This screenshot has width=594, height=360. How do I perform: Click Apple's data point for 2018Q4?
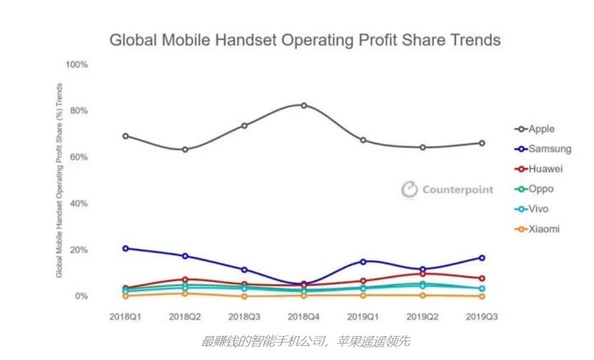[304, 105]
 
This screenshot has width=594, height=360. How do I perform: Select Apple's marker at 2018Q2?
[185, 149]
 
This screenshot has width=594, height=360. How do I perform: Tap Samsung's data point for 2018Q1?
[126, 248]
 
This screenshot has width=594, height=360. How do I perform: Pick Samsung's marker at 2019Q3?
[482, 258]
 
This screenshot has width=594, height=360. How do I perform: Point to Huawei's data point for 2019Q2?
[423, 274]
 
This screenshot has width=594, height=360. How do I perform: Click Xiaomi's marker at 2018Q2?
[185, 293]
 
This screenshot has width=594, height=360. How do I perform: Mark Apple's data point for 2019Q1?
[363, 140]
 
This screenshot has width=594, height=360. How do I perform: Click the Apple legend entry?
[534, 129]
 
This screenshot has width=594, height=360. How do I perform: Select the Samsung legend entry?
[543, 149]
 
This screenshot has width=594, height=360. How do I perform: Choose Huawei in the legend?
[539, 169]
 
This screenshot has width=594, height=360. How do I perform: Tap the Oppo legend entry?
[534, 189]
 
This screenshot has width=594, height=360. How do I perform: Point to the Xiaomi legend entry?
[537, 229]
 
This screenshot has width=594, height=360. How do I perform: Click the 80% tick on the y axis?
[79, 110]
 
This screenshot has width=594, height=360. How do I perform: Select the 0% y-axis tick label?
[81, 296]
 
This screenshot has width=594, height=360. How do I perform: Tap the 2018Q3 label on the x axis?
[244, 317]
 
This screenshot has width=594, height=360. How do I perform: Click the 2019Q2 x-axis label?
[423, 317]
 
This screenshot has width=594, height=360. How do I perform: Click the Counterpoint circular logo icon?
[409, 189]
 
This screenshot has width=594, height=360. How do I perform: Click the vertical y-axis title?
[59, 181]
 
